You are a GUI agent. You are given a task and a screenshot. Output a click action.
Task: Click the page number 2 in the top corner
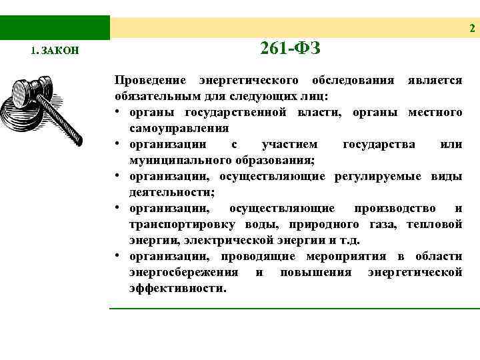click(472, 28)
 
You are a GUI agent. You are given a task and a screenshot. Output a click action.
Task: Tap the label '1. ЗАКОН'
click(55, 51)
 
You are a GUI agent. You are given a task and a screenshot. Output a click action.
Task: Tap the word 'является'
click(434, 81)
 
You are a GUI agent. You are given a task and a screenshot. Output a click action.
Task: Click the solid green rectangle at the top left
click(55, 27)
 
